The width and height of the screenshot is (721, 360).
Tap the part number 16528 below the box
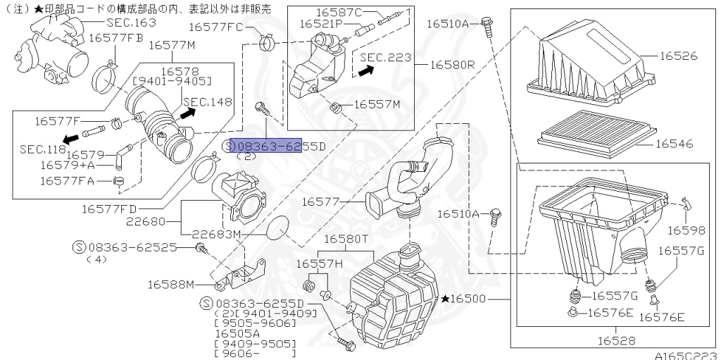click(x=616, y=340)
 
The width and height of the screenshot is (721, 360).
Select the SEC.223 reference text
click(x=385, y=57)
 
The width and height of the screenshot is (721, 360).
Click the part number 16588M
click(x=170, y=285)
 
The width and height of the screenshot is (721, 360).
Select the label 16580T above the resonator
click(x=344, y=239)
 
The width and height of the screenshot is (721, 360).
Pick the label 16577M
click(x=173, y=45)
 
